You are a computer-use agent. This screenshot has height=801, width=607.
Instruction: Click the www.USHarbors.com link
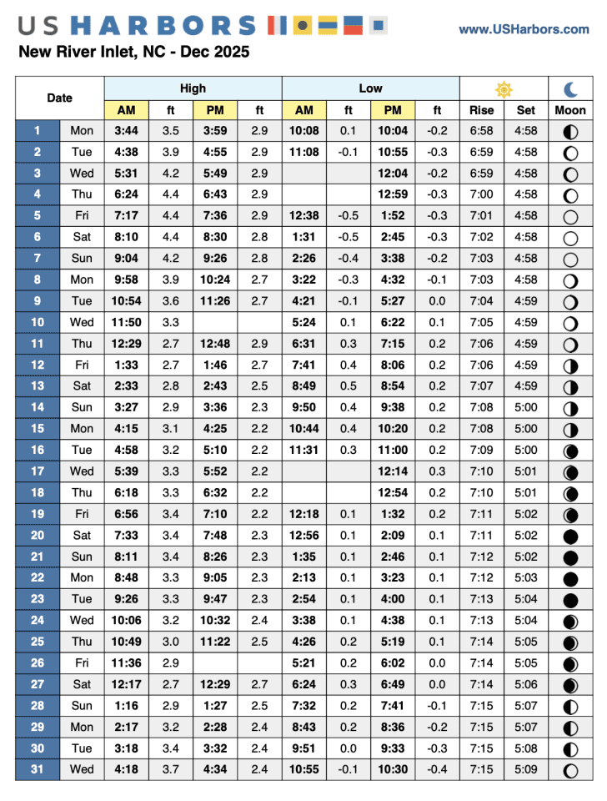pos(524,29)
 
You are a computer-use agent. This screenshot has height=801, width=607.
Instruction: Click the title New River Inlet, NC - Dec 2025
pos(133,53)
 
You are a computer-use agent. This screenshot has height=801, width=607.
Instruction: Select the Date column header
pos(59,98)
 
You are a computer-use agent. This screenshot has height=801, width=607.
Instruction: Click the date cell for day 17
pos(38,471)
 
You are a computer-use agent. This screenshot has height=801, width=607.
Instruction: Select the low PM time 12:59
pos(393,194)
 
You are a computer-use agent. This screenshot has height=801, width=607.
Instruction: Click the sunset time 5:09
pos(526,768)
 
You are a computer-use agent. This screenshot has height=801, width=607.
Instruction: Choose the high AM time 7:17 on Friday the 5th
pos(127,215)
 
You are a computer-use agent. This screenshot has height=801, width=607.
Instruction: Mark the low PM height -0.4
pos(437,768)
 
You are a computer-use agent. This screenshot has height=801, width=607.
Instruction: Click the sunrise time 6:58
pos(481,130)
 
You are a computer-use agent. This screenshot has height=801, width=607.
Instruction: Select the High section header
pos(193,88)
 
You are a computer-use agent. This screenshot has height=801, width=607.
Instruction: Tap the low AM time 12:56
pos(304,535)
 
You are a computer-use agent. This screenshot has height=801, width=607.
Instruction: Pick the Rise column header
pos(481,110)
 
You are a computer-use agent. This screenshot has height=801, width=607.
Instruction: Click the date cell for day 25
pos(38,641)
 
